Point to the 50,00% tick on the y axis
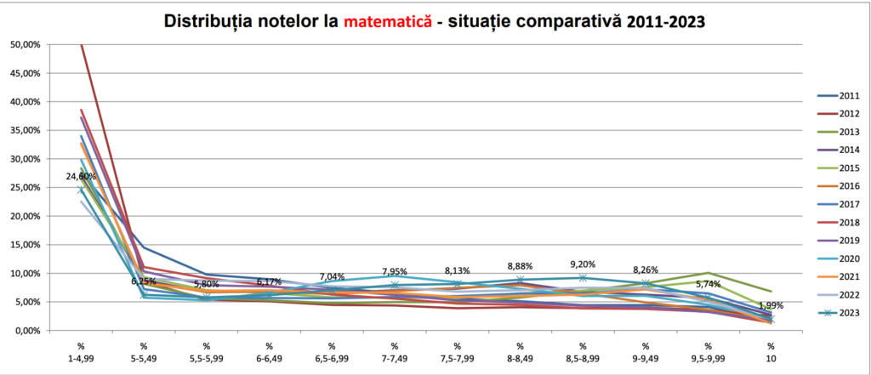(x=26, y=44)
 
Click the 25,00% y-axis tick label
(x=26, y=187)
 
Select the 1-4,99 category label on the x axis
(x=81, y=357)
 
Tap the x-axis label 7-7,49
(x=395, y=357)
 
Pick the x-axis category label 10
(x=771, y=357)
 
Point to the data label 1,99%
(x=771, y=305)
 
